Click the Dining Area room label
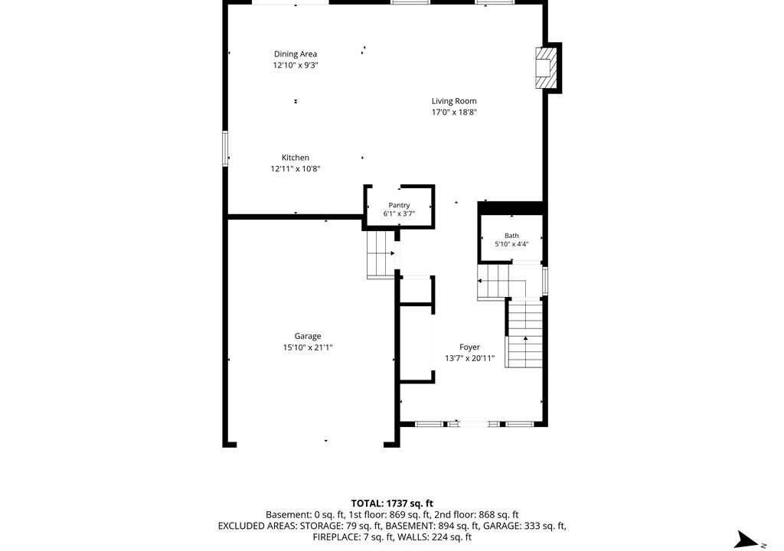click(x=295, y=54)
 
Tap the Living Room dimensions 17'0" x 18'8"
click(x=454, y=112)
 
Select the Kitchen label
click(x=295, y=158)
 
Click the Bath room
click(x=511, y=239)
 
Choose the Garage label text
click(x=308, y=337)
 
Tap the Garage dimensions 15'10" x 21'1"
click(x=308, y=347)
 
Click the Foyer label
click(x=469, y=347)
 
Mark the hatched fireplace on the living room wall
click(x=544, y=68)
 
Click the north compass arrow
click(x=746, y=540)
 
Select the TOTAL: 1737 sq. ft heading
click(x=392, y=504)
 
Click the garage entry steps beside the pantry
click(x=381, y=254)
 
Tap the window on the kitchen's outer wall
click(x=225, y=148)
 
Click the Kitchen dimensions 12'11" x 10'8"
click(x=295, y=169)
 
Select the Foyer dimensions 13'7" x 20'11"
click(x=469, y=358)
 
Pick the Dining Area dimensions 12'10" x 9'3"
click(x=295, y=65)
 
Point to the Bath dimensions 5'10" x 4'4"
click(x=511, y=244)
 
